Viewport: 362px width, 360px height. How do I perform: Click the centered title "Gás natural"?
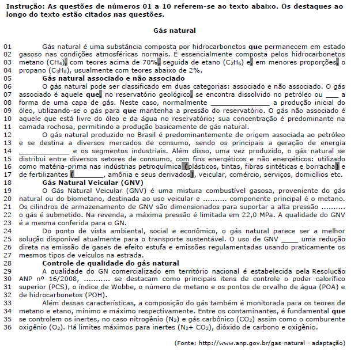pos(175,31)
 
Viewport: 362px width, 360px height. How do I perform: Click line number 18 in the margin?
pos(7,182)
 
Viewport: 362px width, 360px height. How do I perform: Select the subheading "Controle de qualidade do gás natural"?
pos(111,263)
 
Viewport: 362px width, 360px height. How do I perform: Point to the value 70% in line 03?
pos(150,61)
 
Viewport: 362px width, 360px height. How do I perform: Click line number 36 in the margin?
pos(7,327)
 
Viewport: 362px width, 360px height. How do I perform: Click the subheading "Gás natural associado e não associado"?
pos(114,78)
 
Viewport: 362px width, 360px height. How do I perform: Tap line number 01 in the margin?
pos(7,45)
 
